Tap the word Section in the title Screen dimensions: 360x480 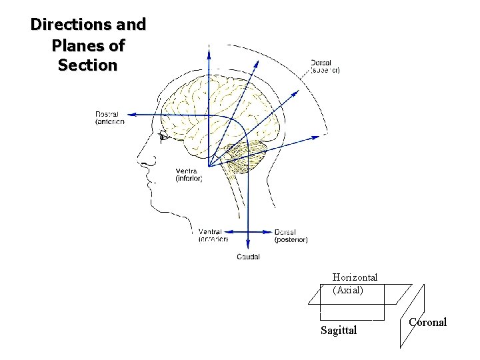pos(87,66)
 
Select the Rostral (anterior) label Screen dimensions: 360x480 pos(109,118)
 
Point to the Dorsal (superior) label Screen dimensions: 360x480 pos(325,67)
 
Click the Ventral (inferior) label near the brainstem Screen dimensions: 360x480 pos(189,175)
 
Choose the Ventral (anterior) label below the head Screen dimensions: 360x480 pos(213,235)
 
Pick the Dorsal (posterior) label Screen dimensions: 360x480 pos(291,235)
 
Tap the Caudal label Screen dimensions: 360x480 pos(248,257)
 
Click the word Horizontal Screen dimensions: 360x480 pos(355,277)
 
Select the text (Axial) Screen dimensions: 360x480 pos(348,290)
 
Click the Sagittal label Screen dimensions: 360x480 pos(338,331)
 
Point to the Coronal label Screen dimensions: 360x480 pos(427,323)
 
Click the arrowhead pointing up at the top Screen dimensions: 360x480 pos(209,49)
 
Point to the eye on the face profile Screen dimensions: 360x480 pos(163,137)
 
